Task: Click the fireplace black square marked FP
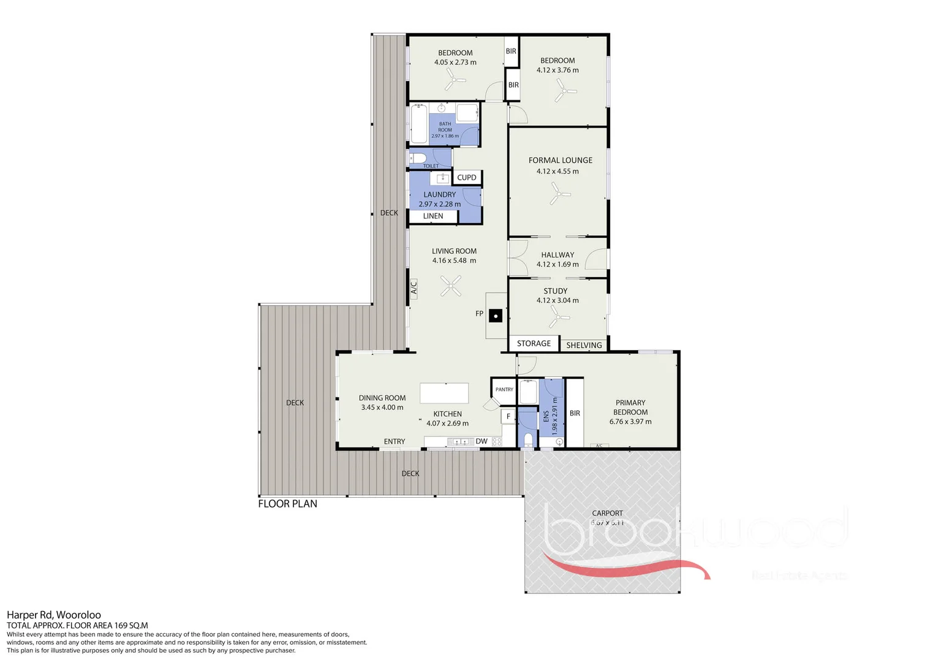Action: (x=496, y=316)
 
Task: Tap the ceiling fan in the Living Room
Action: (x=452, y=285)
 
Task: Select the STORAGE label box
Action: (x=534, y=343)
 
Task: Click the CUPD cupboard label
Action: (x=467, y=178)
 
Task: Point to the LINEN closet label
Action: (x=433, y=216)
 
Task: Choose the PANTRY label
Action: (x=504, y=389)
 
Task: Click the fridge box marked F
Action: (x=508, y=417)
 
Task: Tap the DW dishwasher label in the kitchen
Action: (x=481, y=441)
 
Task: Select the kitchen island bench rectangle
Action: (x=444, y=393)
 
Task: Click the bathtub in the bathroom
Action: (x=419, y=124)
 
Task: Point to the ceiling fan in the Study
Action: (x=558, y=317)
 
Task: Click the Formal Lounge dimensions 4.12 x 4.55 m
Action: (x=557, y=172)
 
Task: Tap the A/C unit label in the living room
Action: (x=413, y=287)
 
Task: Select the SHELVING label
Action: (x=584, y=345)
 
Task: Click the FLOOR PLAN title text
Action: (x=287, y=504)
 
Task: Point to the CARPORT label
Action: (x=607, y=513)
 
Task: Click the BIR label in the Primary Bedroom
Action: (x=575, y=413)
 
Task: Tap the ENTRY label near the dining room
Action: (x=394, y=441)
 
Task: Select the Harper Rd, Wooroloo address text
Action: (x=54, y=615)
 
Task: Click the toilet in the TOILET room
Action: (x=418, y=159)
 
